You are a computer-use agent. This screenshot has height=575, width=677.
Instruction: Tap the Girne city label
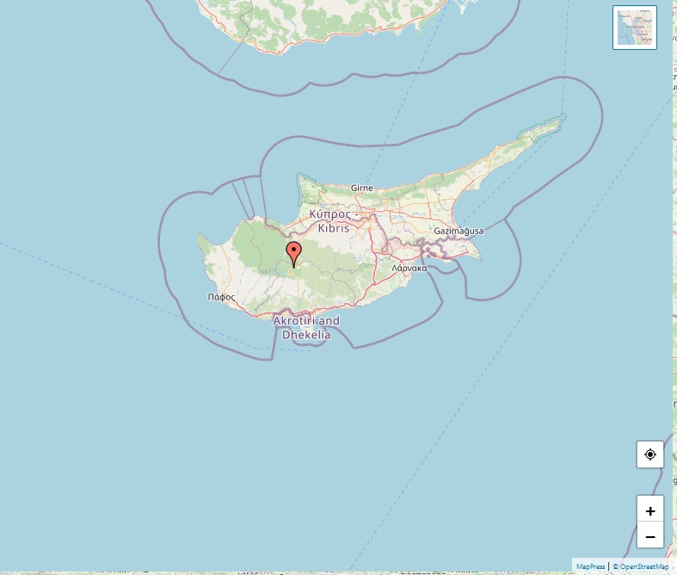coord(362,188)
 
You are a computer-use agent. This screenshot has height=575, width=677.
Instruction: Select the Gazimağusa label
coord(459,232)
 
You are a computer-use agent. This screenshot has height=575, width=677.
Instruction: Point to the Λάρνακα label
coord(409,269)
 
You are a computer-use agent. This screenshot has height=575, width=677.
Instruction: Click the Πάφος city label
coord(221,297)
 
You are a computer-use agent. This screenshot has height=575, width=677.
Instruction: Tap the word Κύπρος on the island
coord(329,213)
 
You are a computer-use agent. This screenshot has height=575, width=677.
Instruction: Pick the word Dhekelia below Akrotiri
coord(306,334)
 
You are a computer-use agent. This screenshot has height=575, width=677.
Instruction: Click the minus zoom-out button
coord(649,536)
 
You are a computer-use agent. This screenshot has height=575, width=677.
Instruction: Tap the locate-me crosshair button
coord(649,454)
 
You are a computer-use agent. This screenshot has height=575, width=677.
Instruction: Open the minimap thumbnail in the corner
coord(635,28)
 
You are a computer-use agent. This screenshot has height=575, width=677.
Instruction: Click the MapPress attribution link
coord(590,566)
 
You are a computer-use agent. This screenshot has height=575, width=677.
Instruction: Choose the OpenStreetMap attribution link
coord(643,566)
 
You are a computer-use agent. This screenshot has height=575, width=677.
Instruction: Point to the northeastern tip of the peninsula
coord(563,115)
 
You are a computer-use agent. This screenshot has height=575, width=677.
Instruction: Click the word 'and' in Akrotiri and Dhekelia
coord(328,321)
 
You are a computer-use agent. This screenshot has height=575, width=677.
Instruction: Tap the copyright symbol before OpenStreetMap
coord(615,566)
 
